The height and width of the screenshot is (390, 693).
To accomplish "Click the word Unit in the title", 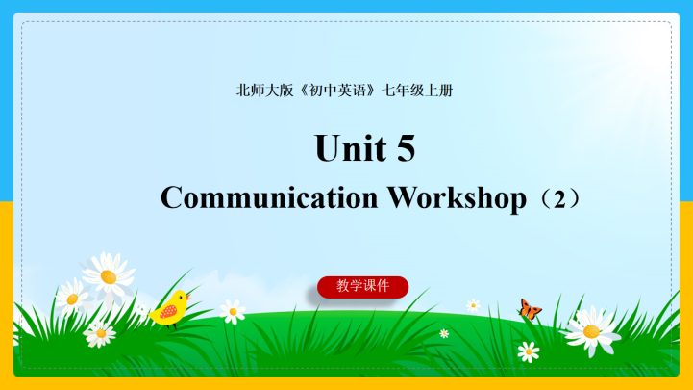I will pos(343,149).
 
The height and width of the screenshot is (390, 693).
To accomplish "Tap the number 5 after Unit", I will pos(405,149).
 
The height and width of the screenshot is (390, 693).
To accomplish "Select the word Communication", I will pos(269,197).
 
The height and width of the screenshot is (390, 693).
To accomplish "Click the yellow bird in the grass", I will pos(170,309).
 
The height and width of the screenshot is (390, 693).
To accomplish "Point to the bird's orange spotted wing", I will pos(167,312).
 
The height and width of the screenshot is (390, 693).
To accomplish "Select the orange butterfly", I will pos(529,308).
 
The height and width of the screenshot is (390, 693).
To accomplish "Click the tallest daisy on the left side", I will pos(108,275).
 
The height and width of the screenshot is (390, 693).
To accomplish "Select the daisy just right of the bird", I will pos(233,310).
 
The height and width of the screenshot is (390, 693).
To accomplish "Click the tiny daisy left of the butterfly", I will pos(473,305).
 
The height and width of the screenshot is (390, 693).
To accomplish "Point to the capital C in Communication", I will pos(172,197).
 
